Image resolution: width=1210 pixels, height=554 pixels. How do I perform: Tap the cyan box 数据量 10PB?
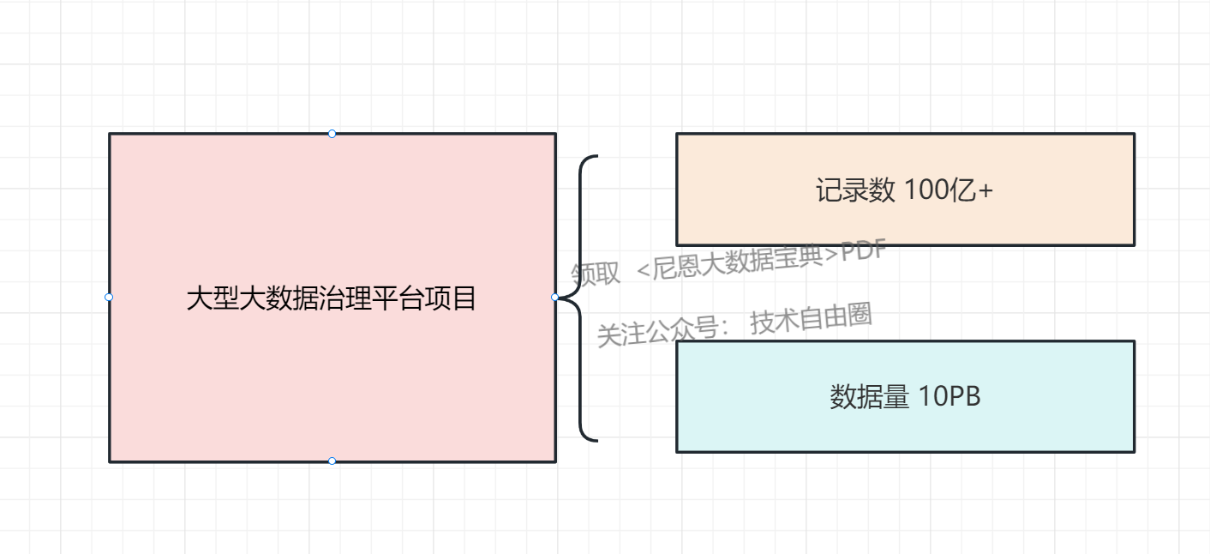905,429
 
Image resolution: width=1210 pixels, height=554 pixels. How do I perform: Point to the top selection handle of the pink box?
332,134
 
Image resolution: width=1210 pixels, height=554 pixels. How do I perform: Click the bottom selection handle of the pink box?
332,461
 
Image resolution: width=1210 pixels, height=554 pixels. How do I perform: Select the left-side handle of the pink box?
109,298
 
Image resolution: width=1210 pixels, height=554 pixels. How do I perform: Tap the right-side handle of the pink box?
555,298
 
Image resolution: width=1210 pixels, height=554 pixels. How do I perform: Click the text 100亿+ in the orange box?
949,190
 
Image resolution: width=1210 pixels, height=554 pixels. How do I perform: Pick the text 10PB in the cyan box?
949,397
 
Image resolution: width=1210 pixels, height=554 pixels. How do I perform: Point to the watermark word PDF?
861,250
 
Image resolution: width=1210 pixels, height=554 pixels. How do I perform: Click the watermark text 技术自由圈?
811,319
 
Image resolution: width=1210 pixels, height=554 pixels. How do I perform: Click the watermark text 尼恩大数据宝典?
742,261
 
